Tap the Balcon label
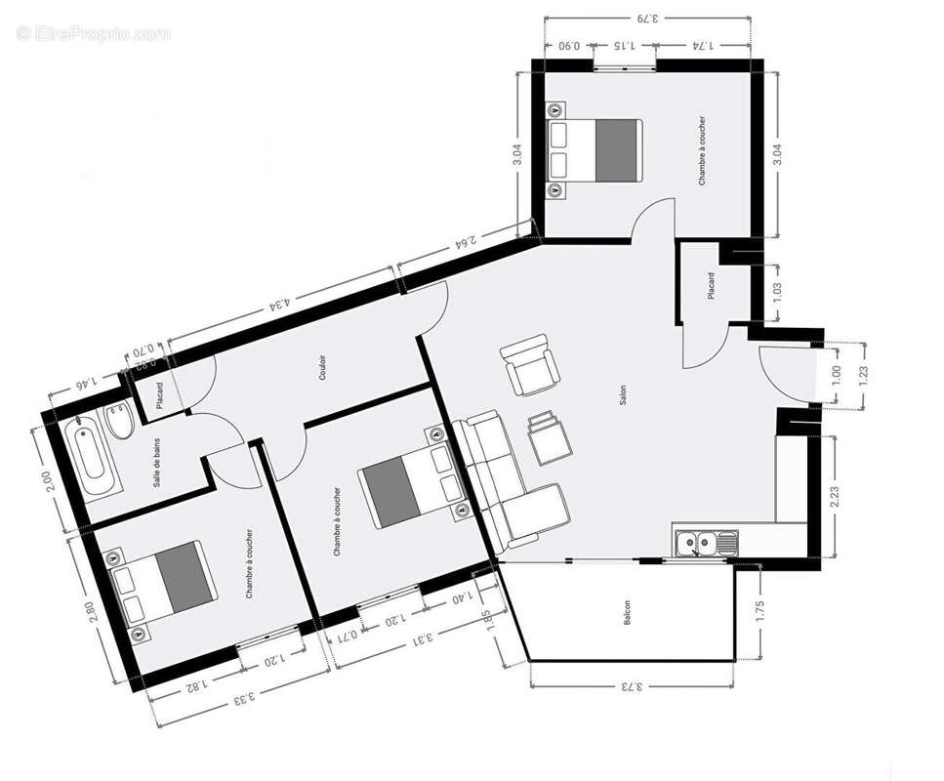tap(627, 612)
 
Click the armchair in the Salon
tap(527, 364)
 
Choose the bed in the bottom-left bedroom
tap(163, 585)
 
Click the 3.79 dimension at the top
tap(648, 17)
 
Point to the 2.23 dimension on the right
tap(846, 497)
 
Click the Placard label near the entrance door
tap(711, 286)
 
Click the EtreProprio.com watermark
tap(93, 33)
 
